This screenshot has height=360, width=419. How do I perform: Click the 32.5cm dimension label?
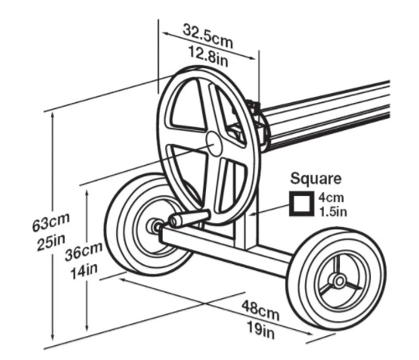tap(208, 36)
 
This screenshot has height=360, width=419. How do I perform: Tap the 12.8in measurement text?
tap(208, 57)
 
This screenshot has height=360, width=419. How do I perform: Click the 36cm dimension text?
tap(84, 252)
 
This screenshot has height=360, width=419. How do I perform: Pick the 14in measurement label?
tap(84, 272)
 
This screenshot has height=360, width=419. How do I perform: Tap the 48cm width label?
tap(260, 310)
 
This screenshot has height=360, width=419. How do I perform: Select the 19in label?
tap(260, 330)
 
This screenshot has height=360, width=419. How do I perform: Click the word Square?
tap(315, 178)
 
